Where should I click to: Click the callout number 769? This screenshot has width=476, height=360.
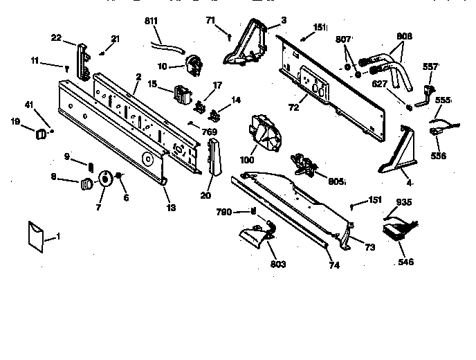210,132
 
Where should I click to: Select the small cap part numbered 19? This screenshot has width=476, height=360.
42,131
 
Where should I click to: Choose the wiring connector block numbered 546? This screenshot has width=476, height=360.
394,230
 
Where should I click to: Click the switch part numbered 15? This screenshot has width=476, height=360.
183,92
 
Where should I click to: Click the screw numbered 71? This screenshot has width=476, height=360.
229,30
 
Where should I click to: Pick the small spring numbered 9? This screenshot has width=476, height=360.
90,163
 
